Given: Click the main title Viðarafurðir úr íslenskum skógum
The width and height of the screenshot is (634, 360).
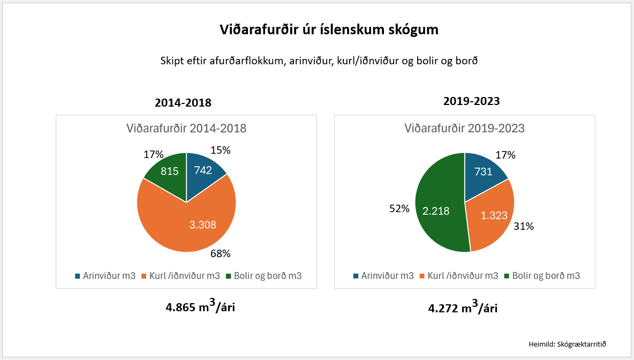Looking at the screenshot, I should point(329,30).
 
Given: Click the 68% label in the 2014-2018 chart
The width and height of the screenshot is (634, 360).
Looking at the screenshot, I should point(221,253).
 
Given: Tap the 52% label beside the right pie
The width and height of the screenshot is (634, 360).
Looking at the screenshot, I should point(399,209).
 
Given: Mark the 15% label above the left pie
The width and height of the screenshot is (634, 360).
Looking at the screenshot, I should point(220,151).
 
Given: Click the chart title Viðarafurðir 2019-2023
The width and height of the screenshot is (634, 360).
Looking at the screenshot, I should point(464,129).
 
